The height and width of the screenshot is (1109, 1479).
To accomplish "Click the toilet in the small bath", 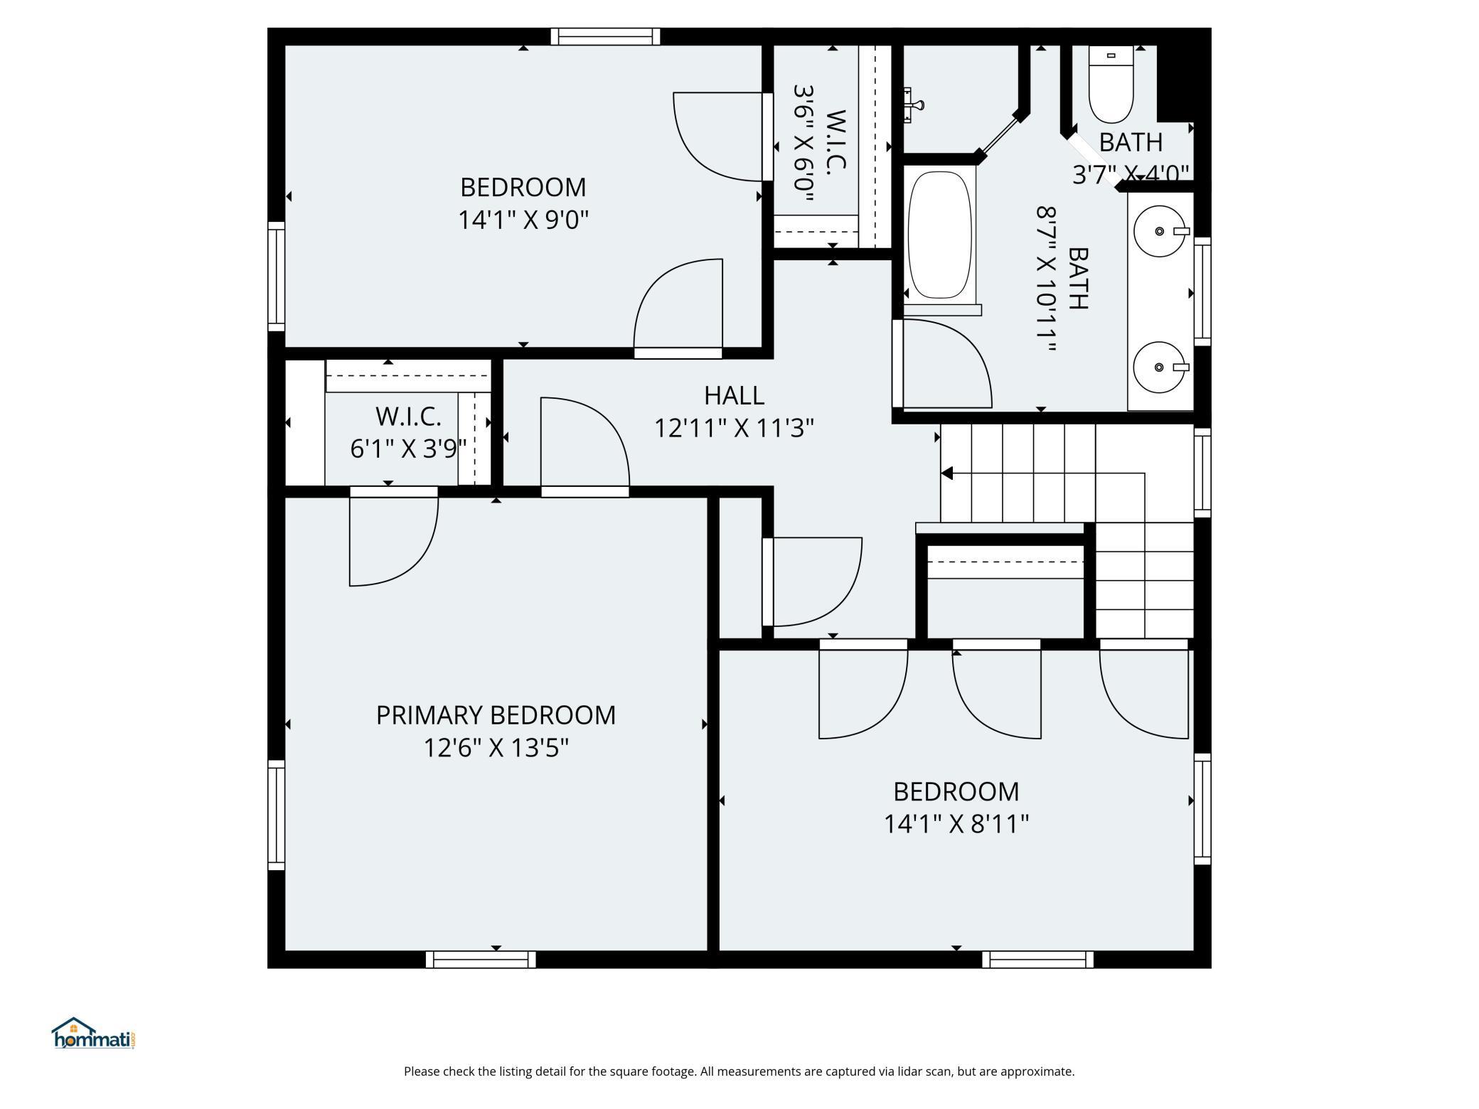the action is point(1111,85).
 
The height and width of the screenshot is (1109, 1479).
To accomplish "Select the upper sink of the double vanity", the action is point(1160,231).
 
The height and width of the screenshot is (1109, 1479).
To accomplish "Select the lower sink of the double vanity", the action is point(1160,367).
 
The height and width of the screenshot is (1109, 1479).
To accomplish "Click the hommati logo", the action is point(93,1034).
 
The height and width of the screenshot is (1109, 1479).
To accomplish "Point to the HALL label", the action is point(734,395).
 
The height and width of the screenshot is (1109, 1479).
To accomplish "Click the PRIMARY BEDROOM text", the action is point(496,715).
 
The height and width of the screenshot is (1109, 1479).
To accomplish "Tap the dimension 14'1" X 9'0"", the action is point(523,220).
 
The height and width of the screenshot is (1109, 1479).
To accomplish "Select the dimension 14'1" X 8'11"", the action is point(956,824).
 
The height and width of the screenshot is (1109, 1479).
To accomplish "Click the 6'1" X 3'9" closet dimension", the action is point(408,449).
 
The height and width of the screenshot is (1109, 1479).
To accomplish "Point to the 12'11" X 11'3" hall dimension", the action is point(734,428).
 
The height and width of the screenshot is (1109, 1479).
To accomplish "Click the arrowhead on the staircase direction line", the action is point(946,473).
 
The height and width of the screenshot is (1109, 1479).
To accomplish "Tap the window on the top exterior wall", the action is point(605,36).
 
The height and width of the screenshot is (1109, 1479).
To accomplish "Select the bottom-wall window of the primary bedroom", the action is point(481,959).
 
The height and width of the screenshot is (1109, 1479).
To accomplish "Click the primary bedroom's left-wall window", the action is point(277,815).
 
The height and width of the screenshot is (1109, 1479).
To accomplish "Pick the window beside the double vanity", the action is point(1202,291).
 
